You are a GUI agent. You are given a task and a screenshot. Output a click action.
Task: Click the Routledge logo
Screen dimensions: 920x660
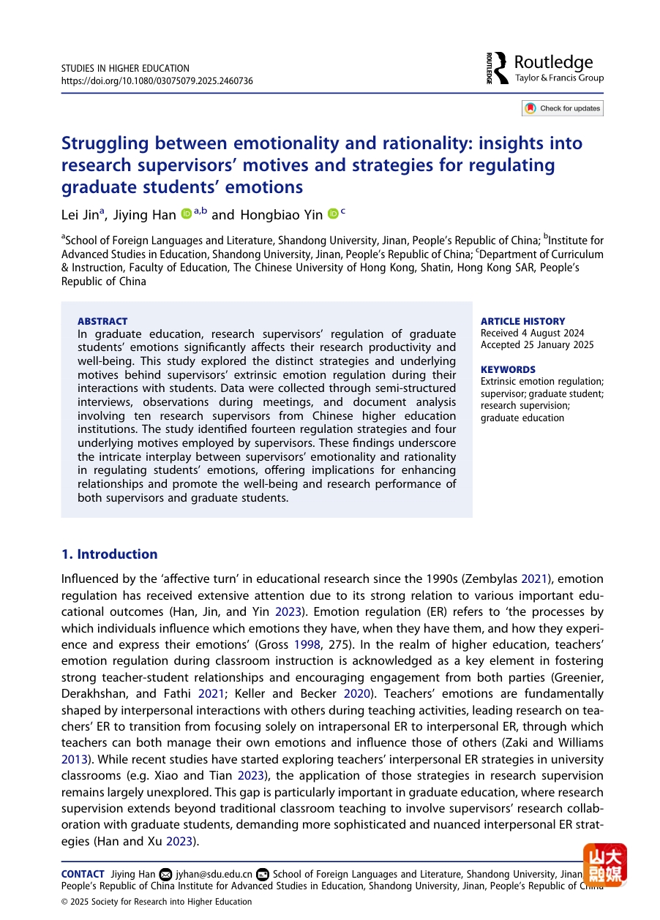tap(546, 68)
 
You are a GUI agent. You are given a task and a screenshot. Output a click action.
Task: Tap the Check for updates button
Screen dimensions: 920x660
tap(563, 108)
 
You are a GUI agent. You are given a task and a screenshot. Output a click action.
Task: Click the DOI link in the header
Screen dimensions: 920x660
tap(157, 80)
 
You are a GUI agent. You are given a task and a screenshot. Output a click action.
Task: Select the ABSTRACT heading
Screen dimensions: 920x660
tap(102, 321)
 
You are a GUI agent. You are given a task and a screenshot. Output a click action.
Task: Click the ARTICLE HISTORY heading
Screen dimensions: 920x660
tap(522, 321)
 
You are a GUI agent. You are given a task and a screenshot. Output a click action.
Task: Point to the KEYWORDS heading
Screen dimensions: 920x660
tap(508, 369)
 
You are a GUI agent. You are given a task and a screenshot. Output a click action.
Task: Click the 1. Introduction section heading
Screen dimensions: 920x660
tap(109, 554)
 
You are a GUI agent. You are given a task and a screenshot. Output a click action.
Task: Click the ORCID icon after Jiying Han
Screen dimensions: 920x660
tap(186, 214)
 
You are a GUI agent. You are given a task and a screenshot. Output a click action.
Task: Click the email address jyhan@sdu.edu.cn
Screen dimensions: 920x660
tap(214, 874)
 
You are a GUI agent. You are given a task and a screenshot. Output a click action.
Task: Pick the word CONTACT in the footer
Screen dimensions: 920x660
tap(83, 874)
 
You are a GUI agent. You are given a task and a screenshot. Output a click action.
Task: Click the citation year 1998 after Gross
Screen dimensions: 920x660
tap(305, 644)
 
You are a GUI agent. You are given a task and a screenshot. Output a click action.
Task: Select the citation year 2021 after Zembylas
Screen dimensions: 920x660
tap(533, 578)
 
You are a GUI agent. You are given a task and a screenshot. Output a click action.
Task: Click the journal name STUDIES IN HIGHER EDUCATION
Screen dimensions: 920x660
tap(125, 69)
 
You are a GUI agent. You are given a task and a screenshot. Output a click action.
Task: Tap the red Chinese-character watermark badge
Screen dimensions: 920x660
tap(604, 865)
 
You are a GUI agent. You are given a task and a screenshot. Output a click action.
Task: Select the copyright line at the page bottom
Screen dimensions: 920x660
tap(157, 902)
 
